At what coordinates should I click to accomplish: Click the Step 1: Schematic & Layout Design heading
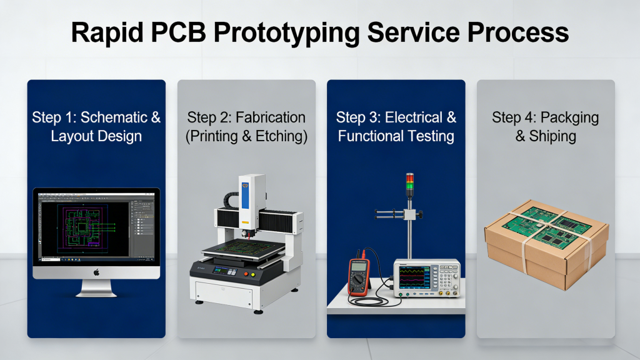click(96, 126)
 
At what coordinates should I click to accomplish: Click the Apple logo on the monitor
click(96, 272)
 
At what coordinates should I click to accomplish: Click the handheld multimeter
click(357, 275)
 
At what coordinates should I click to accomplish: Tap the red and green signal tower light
click(410, 183)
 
